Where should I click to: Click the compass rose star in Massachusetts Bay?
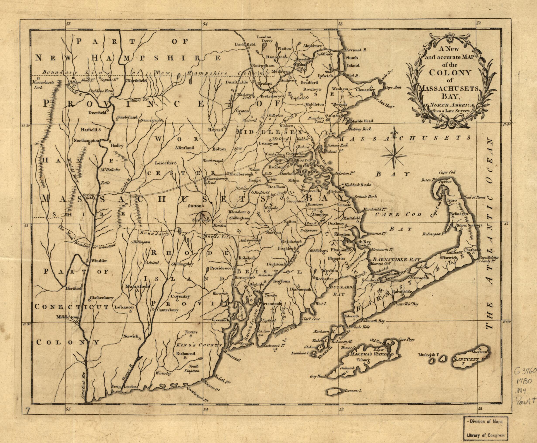394,155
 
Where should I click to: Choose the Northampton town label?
86,140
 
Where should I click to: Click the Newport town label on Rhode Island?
246,344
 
